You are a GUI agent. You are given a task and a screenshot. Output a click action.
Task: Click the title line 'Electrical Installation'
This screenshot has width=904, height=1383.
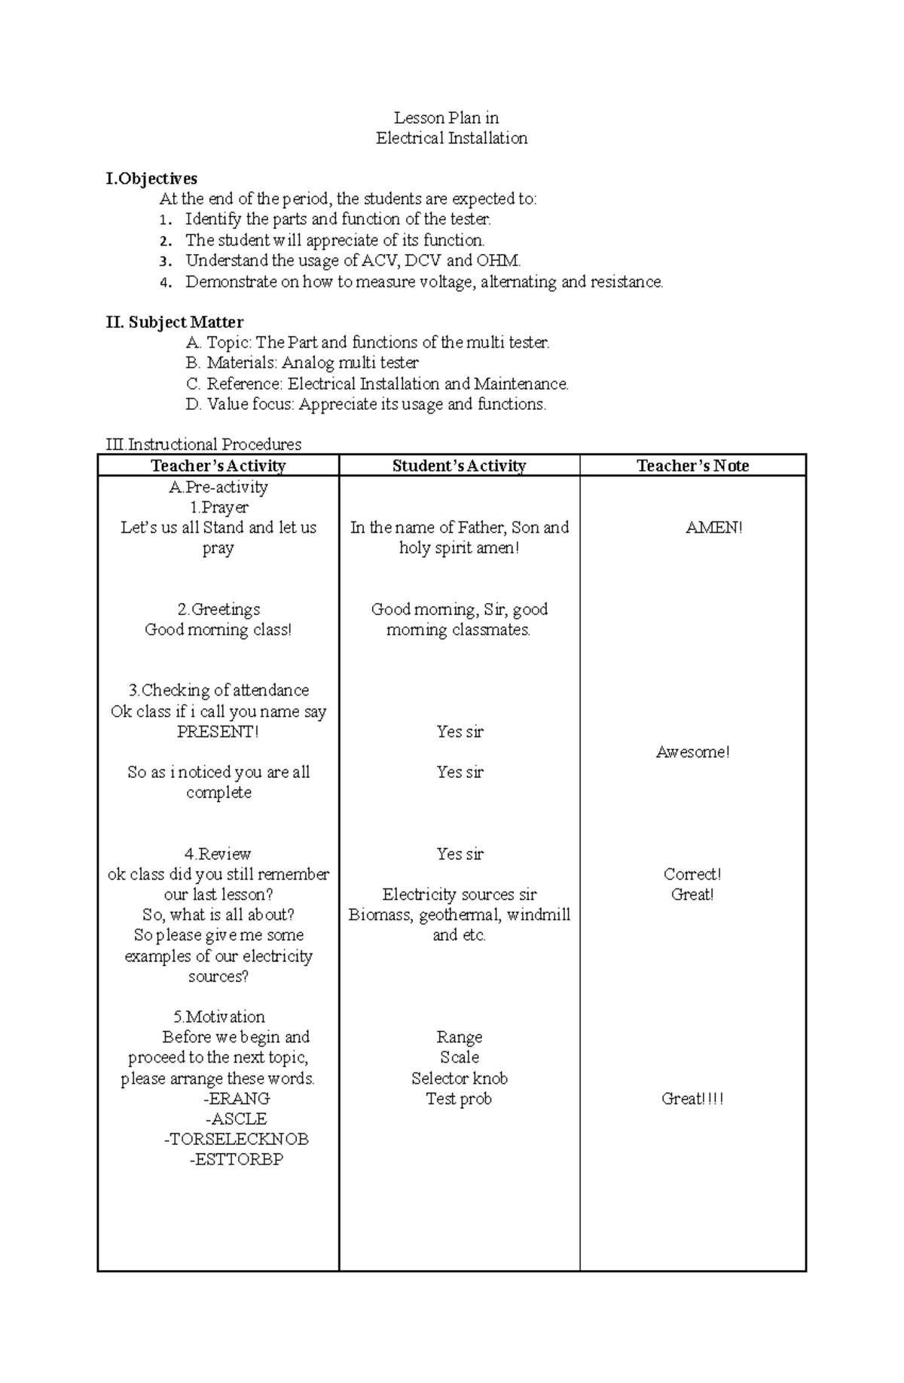(451, 138)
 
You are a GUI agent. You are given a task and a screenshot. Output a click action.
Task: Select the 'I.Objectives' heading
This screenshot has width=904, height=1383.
(151, 179)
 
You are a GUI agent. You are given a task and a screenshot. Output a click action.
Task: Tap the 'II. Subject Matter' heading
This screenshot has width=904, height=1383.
(174, 323)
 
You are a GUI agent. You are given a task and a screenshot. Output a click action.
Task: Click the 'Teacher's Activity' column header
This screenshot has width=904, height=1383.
(218, 466)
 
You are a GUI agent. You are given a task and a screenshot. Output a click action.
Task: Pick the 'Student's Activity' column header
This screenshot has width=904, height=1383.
(459, 466)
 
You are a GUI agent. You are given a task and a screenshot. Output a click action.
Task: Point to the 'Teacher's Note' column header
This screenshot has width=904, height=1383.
(692, 466)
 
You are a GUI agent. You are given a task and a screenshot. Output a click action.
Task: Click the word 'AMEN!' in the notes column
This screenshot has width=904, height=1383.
(713, 528)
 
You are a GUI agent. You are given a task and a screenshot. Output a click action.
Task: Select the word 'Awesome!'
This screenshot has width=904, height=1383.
(692, 751)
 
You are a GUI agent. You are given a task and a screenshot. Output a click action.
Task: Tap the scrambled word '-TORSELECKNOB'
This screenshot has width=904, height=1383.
(236, 1139)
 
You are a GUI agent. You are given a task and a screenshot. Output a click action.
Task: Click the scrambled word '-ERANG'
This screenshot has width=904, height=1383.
(236, 1098)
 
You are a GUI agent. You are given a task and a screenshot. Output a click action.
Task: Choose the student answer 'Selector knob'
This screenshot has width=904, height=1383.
(459, 1078)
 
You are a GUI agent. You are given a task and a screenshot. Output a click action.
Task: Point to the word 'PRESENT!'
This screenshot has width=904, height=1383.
(218, 731)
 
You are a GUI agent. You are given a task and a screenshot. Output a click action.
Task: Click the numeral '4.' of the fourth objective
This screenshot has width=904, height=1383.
(166, 283)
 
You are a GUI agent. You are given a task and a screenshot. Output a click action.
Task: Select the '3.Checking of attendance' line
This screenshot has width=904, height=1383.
(218, 690)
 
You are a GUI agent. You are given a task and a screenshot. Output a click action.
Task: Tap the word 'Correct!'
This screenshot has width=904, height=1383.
(692, 874)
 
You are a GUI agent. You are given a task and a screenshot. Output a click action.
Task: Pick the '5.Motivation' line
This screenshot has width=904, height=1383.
(218, 1017)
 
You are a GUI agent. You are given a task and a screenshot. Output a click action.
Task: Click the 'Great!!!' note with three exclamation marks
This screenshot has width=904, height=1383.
(692, 1098)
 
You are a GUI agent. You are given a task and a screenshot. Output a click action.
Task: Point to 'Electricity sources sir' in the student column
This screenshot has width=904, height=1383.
(459, 895)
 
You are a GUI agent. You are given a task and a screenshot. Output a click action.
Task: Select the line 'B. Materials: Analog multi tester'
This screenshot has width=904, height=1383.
(301, 363)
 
